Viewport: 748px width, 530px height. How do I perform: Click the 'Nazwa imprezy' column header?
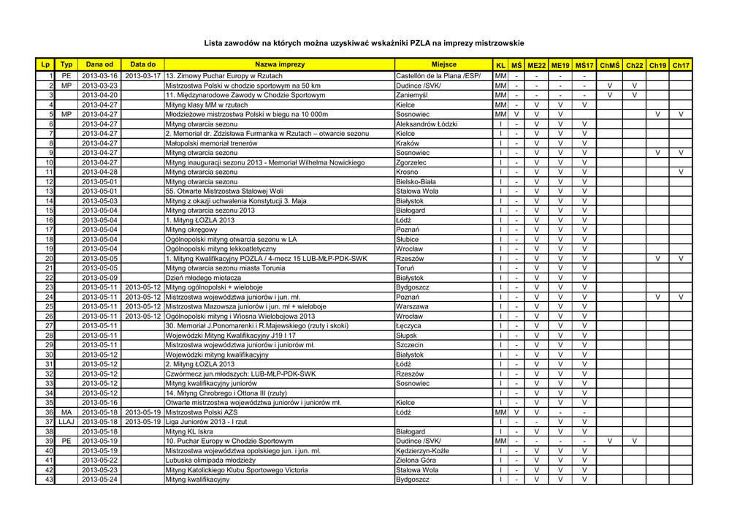280,65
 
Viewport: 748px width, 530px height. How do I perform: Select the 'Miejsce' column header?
443,65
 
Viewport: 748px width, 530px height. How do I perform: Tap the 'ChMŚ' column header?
609,65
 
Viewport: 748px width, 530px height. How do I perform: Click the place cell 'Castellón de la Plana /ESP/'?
438,76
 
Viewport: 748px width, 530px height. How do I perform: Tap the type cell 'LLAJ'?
66,422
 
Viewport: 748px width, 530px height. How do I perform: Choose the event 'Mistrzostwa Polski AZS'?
202,412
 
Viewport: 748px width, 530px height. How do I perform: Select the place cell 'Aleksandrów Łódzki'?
427,124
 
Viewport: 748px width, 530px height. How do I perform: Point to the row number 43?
50,480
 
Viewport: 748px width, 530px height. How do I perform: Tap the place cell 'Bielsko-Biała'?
416,181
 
